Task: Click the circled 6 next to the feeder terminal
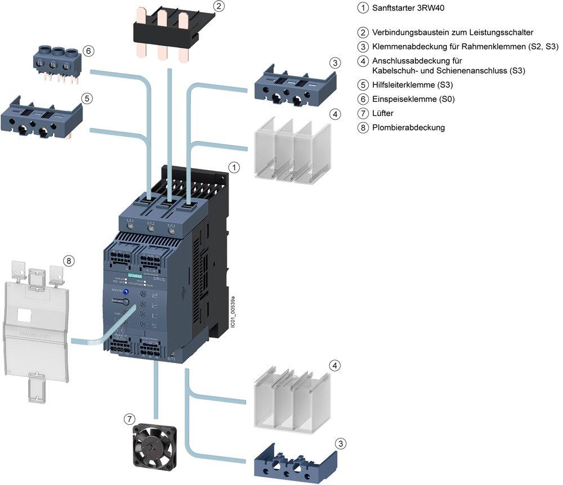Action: click(88, 51)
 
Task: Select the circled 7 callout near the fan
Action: click(130, 419)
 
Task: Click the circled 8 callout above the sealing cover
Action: click(68, 261)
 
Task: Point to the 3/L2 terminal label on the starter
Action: click(150, 223)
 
